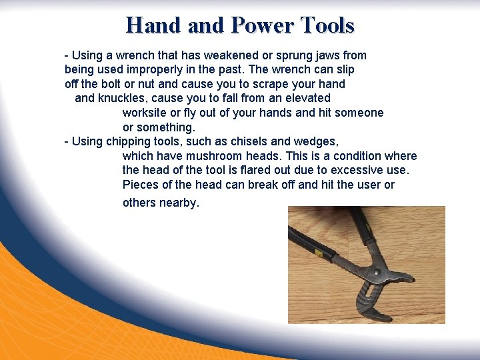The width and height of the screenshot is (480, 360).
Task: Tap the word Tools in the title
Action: pos(327,25)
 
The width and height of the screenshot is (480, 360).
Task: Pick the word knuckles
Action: pos(123,98)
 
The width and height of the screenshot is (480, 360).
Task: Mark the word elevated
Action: pos(307,98)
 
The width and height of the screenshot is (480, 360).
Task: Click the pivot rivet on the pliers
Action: pos(377,273)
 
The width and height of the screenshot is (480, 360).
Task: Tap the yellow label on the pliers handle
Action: pos(319,254)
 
